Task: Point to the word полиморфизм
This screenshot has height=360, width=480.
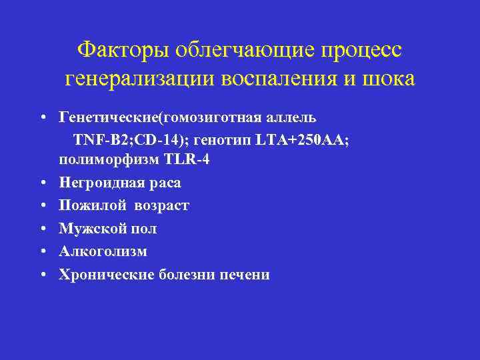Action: pyautogui.click(x=105, y=160)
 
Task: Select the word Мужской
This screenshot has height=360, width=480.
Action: pyautogui.click(x=91, y=229)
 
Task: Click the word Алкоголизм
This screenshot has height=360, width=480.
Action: pyautogui.click(x=103, y=251)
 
